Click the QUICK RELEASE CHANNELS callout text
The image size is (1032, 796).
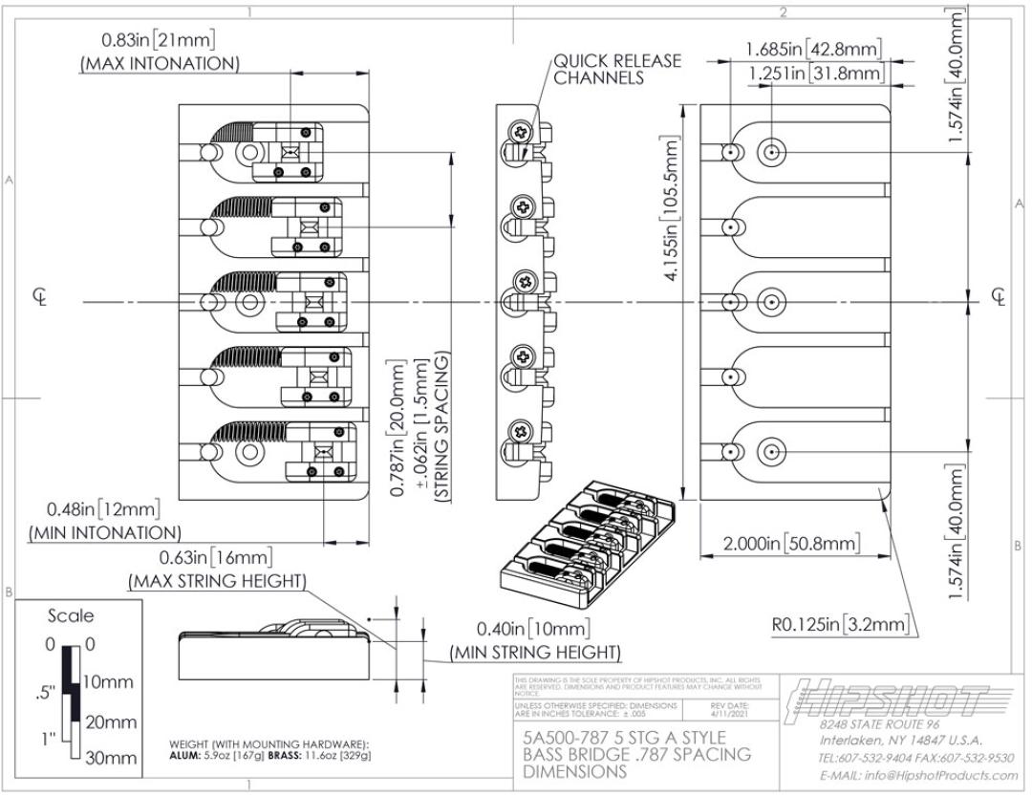tap(617, 69)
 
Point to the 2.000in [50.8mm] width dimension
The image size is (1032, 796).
tap(791, 544)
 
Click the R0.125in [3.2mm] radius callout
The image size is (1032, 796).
tap(840, 625)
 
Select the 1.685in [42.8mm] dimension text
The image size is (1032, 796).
tap(813, 49)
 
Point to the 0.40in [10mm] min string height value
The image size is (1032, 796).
tap(533, 630)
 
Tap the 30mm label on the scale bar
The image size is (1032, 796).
tap(111, 759)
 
